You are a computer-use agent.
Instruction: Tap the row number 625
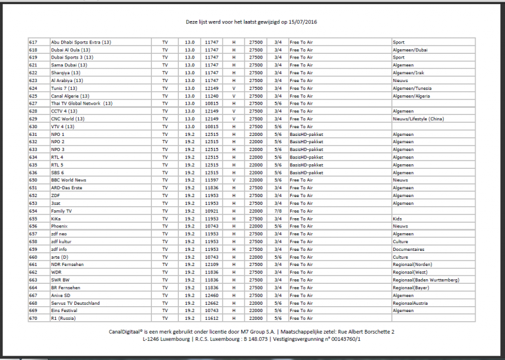[x=34, y=96]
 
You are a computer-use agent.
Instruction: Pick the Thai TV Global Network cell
[x=82, y=103]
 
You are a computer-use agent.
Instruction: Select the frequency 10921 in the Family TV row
[x=211, y=211]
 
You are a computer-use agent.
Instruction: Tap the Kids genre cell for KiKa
[x=397, y=219]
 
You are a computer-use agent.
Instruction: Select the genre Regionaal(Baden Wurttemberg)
[x=425, y=280]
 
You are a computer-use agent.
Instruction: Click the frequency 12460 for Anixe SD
[x=211, y=296]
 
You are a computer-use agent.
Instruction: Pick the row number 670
[x=34, y=319]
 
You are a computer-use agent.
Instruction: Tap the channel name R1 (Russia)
[x=63, y=319]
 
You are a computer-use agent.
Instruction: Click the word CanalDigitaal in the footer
[x=129, y=332]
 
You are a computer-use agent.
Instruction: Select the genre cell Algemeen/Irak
[x=408, y=73]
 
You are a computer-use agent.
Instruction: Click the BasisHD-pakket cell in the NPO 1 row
[x=306, y=134]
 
